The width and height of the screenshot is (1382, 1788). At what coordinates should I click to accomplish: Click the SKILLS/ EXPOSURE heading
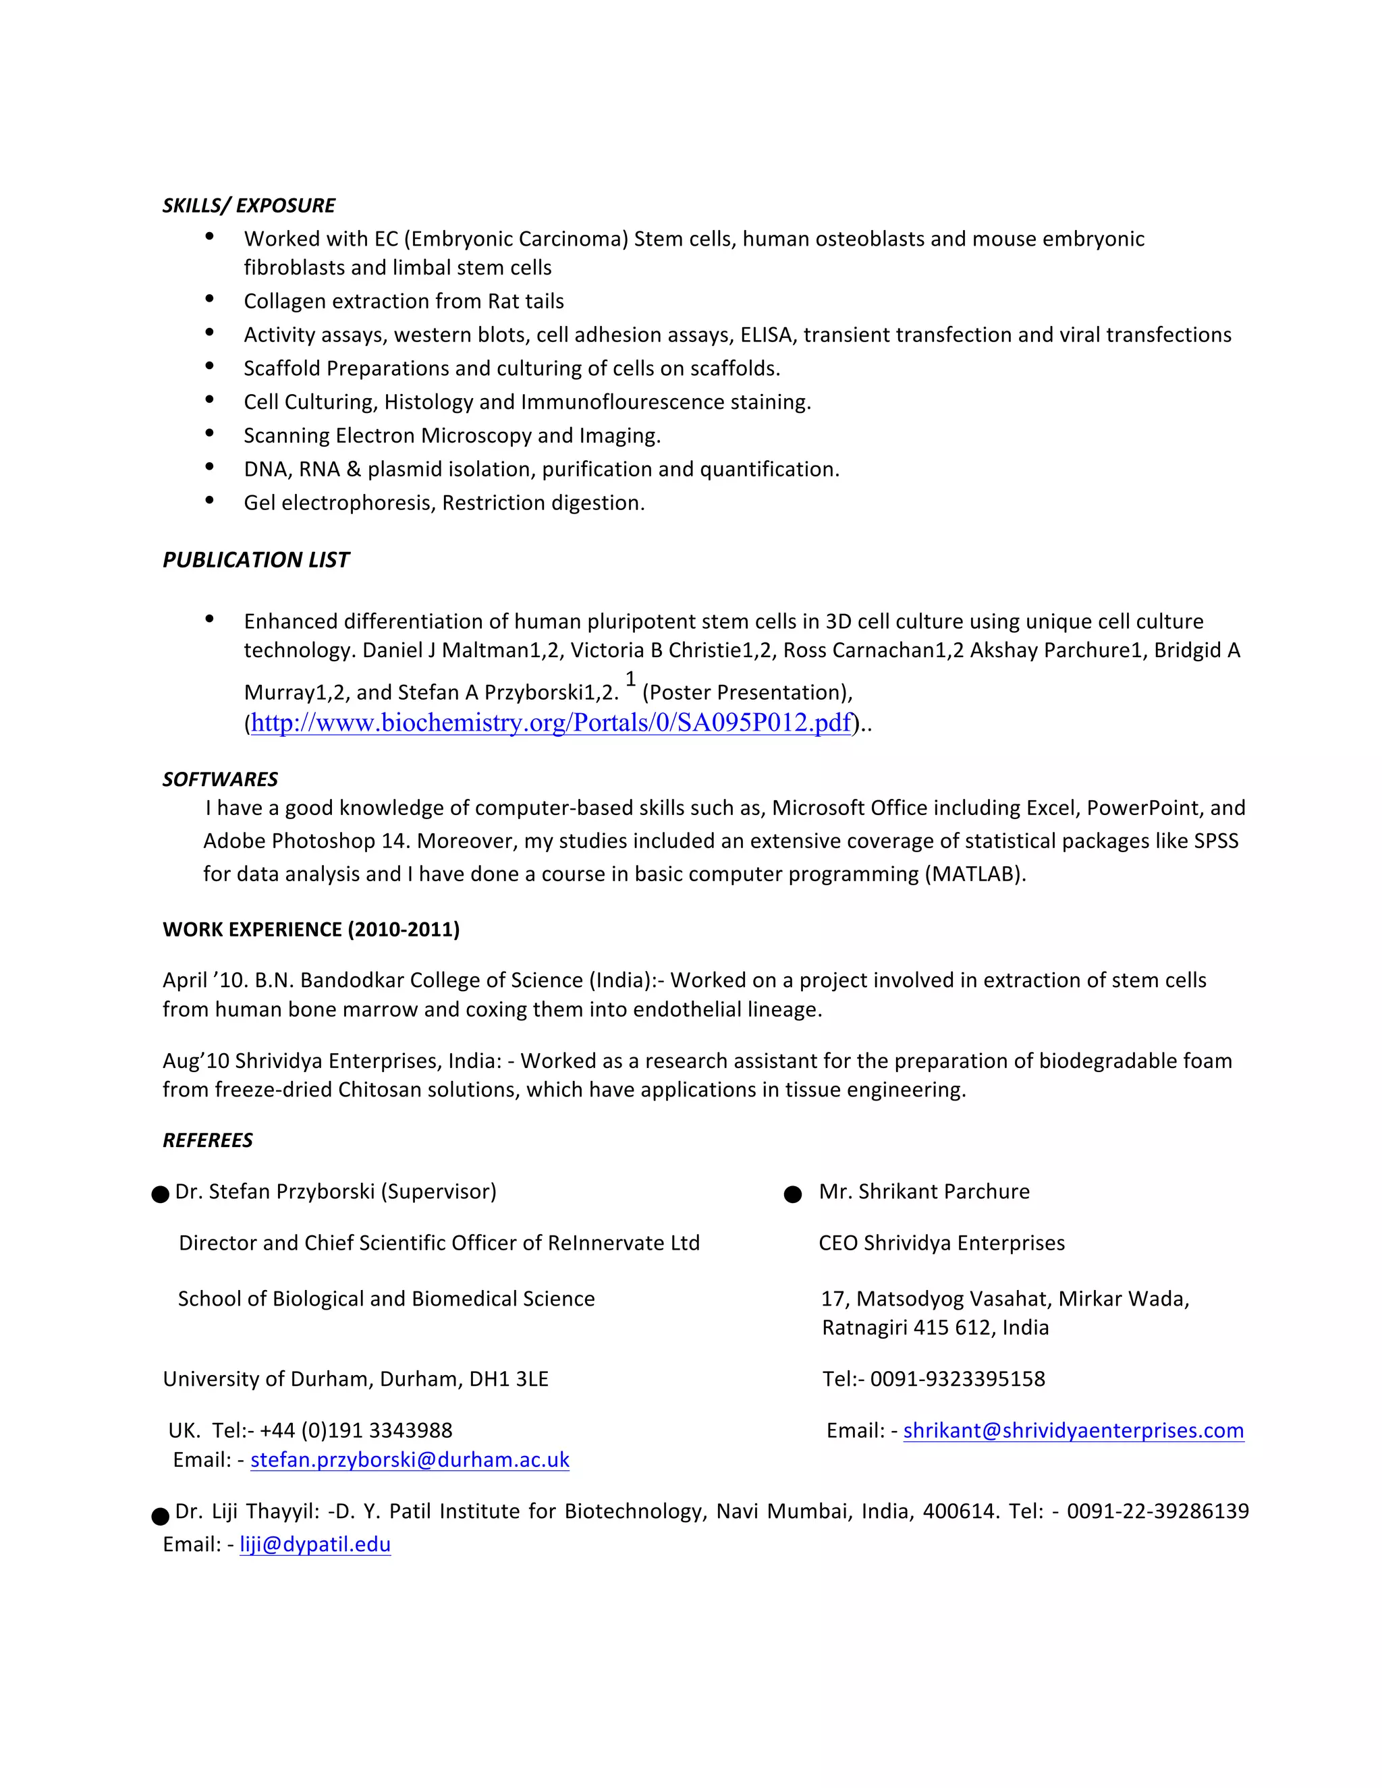click(x=248, y=206)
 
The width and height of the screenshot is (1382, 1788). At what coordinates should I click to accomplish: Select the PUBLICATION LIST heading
click(x=256, y=560)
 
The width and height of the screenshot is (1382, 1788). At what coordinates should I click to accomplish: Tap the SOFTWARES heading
click(x=219, y=779)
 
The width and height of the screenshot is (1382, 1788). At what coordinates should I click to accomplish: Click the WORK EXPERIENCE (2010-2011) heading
click(x=311, y=929)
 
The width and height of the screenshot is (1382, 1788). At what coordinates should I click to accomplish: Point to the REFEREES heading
click(x=207, y=1140)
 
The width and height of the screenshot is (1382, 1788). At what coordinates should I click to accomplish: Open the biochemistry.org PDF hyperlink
click(x=551, y=723)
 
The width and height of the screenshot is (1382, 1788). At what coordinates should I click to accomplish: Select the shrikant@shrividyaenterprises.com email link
click(x=1074, y=1430)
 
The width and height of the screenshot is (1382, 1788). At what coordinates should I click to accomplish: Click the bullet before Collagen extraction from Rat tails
click(x=210, y=300)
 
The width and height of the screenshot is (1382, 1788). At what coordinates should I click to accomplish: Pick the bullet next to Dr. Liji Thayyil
click(x=161, y=1516)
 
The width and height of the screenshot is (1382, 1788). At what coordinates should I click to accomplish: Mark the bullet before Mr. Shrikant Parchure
click(x=792, y=1194)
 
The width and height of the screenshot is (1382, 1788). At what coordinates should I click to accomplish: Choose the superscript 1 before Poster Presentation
click(x=630, y=679)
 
